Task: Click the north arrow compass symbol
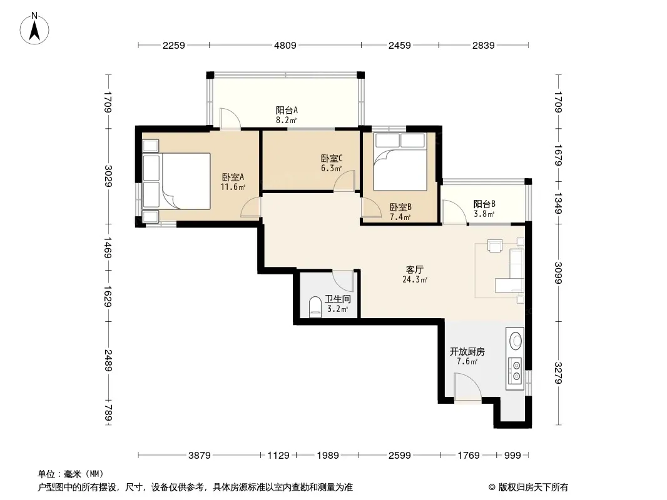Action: click(x=34, y=29)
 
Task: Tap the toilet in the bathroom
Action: click(x=315, y=307)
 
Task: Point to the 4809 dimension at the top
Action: click(x=285, y=45)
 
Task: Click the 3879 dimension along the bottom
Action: click(x=199, y=456)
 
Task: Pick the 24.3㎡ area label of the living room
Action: click(x=415, y=279)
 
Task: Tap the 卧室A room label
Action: click(x=233, y=177)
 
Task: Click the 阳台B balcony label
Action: click(x=484, y=204)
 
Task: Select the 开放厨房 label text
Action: click(x=467, y=352)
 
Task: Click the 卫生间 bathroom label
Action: click(x=338, y=299)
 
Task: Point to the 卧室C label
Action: click(x=332, y=159)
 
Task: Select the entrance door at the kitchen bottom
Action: click(x=467, y=387)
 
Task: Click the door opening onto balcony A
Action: click(x=230, y=119)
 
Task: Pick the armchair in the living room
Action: click(x=495, y=246)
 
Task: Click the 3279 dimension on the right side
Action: click(x=559, y=372)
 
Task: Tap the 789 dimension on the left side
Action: click(x=108, y=412)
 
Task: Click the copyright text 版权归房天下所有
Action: click(x=533, y=487)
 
